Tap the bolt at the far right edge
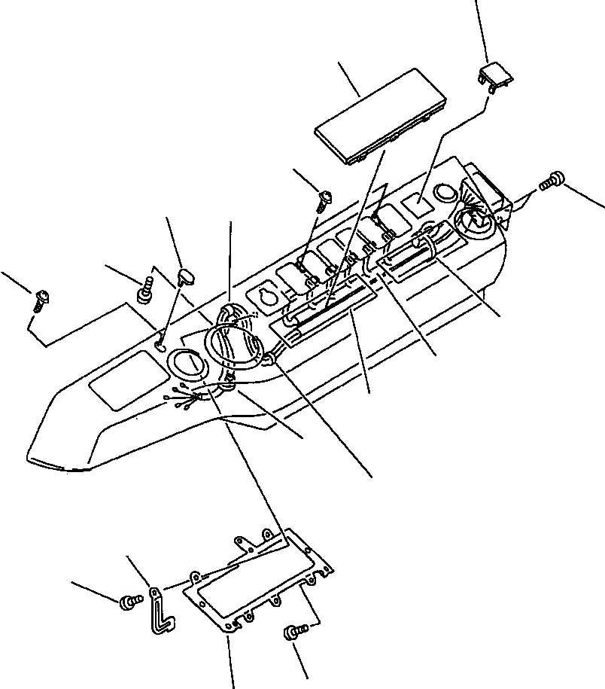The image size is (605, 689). click(x=554, y=181)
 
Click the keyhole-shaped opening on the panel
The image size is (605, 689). click(x=266, y=297)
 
